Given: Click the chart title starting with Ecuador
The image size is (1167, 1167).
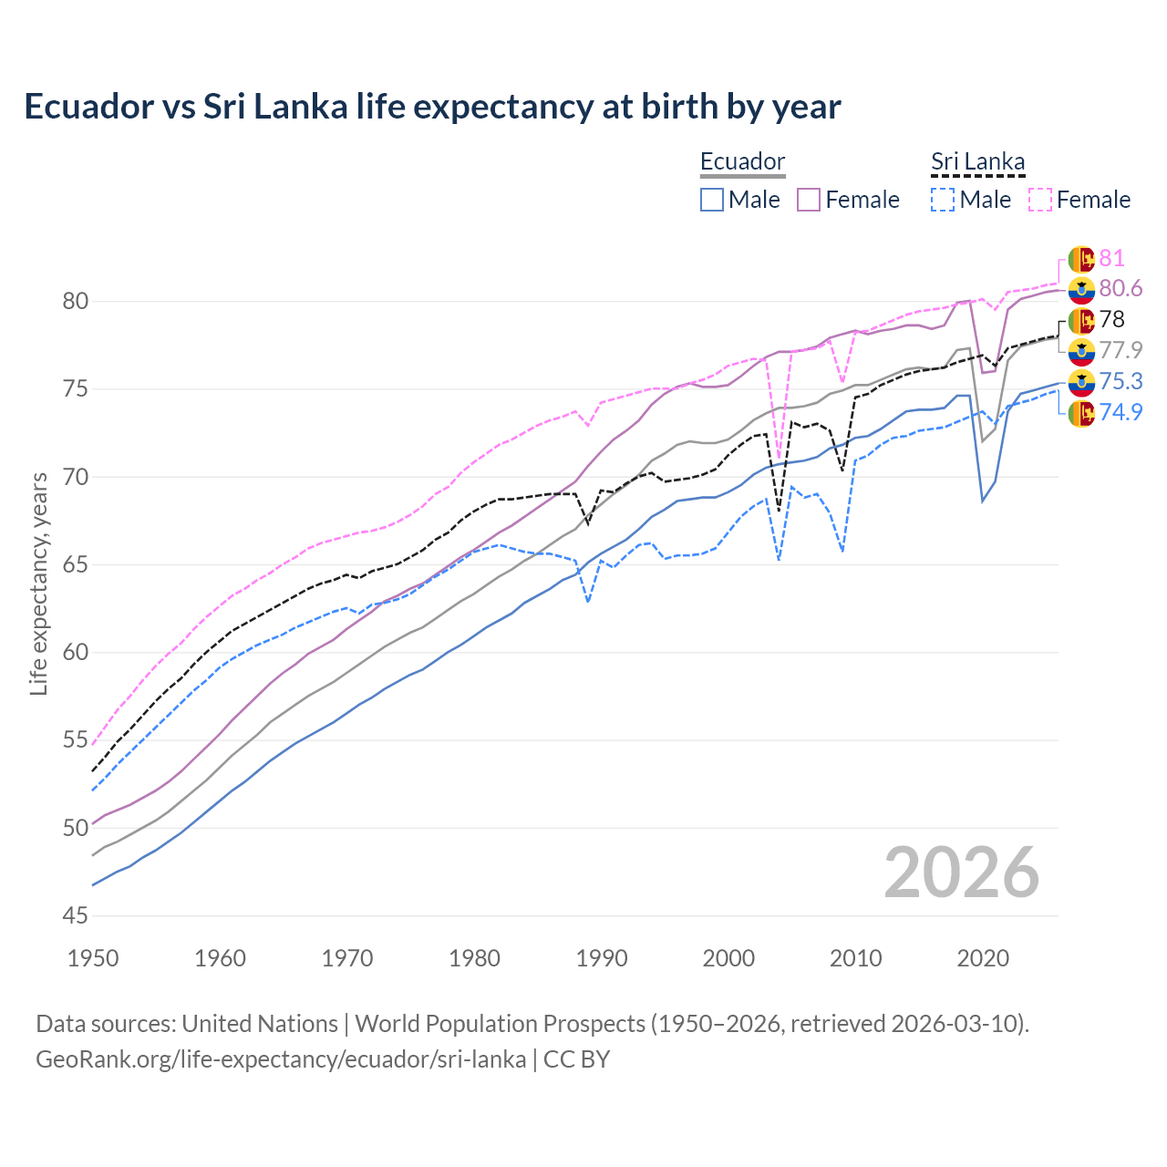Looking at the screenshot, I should point(432,107).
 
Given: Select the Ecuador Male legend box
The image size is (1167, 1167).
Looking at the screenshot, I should point(712,200).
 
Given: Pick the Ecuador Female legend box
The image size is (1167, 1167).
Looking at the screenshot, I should point(809,200).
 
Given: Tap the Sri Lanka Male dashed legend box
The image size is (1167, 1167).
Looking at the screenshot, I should point(943,200).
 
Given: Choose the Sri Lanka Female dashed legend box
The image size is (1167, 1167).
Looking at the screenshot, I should point(1040,200).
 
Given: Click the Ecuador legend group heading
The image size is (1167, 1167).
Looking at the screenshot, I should point(742,161).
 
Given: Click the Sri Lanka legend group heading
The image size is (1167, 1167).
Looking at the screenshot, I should point(977,161).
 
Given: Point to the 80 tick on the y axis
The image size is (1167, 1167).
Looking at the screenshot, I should point(75,301).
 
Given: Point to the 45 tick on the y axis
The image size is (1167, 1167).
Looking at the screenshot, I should point(75,915).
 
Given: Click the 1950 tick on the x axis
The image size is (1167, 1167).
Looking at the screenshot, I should point(93,958).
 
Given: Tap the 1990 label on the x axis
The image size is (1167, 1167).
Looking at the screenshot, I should point(602,958).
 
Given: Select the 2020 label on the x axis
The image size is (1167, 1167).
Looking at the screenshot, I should point(983,958).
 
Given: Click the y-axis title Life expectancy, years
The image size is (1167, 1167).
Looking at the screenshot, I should point(38,583).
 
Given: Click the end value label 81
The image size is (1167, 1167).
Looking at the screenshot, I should point(1112,259).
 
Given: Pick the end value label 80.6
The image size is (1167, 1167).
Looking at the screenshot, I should point(1121,289).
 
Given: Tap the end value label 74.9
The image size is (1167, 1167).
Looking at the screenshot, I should point(1121,412).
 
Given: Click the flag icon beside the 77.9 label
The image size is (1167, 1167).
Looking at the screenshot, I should point(1081,351).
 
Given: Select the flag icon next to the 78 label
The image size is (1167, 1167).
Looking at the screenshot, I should point(1081,321).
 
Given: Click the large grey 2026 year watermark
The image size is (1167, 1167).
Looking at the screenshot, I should point(961,873).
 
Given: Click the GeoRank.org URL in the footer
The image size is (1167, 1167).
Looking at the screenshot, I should point(281,1059).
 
